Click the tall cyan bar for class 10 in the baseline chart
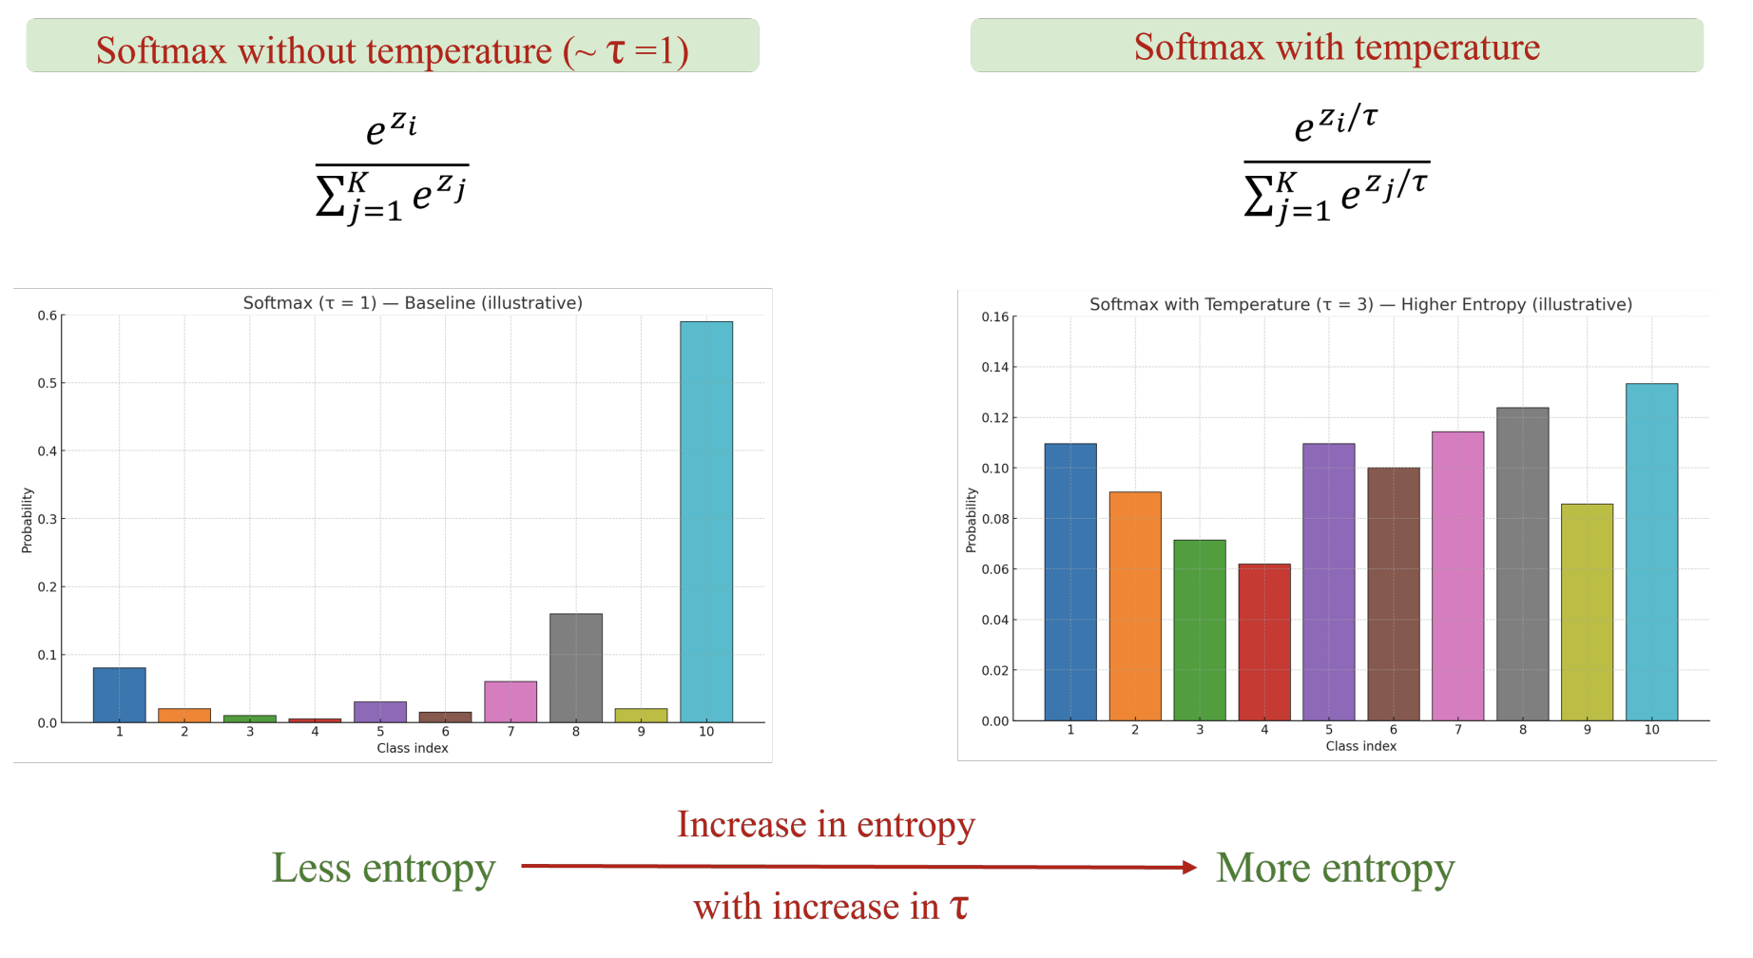point(706,522)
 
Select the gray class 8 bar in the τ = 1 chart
point(576,668)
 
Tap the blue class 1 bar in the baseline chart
point(120,695)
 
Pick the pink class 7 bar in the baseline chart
point(510,701)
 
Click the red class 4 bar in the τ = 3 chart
point(1264,642)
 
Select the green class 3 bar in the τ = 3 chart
point(1200,630)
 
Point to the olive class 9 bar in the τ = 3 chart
point(1587,612)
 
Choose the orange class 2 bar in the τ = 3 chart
point(1135,606)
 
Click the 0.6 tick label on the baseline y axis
point(47,316)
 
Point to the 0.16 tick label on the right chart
point(994,317)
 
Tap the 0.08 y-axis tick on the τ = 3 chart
point(994,519)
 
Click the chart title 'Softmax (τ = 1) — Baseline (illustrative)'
point(413,303)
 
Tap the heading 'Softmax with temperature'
point(1337,47)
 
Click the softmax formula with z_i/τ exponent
point(1337,163)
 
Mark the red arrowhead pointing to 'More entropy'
point(1188,867)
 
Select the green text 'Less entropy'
point(383,868)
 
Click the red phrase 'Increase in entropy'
point(825,824)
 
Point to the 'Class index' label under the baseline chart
point(412,748)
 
